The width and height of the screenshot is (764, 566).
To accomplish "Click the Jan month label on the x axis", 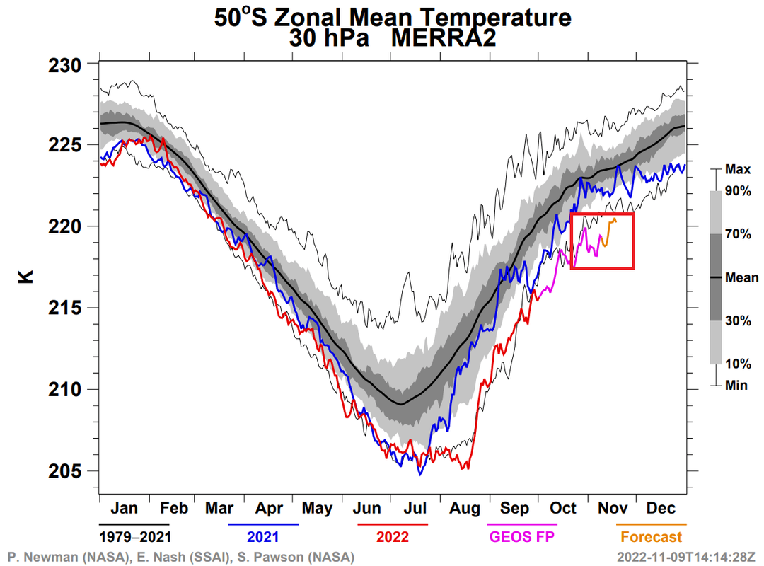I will (124, 508).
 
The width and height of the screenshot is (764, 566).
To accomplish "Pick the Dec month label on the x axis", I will (661, 508).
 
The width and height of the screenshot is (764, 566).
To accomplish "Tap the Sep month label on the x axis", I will (514, 508).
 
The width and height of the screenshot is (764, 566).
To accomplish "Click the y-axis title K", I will (25, 276).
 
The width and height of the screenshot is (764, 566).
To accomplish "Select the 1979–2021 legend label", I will (135, 537).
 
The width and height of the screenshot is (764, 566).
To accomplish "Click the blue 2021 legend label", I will (263, 537).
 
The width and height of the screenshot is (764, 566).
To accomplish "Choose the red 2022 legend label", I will (393, 537).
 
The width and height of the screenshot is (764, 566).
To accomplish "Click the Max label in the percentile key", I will (737, 170).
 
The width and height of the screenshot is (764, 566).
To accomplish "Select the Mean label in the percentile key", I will (741, 278).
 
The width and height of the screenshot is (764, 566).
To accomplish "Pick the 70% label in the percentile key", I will (738, 235).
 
